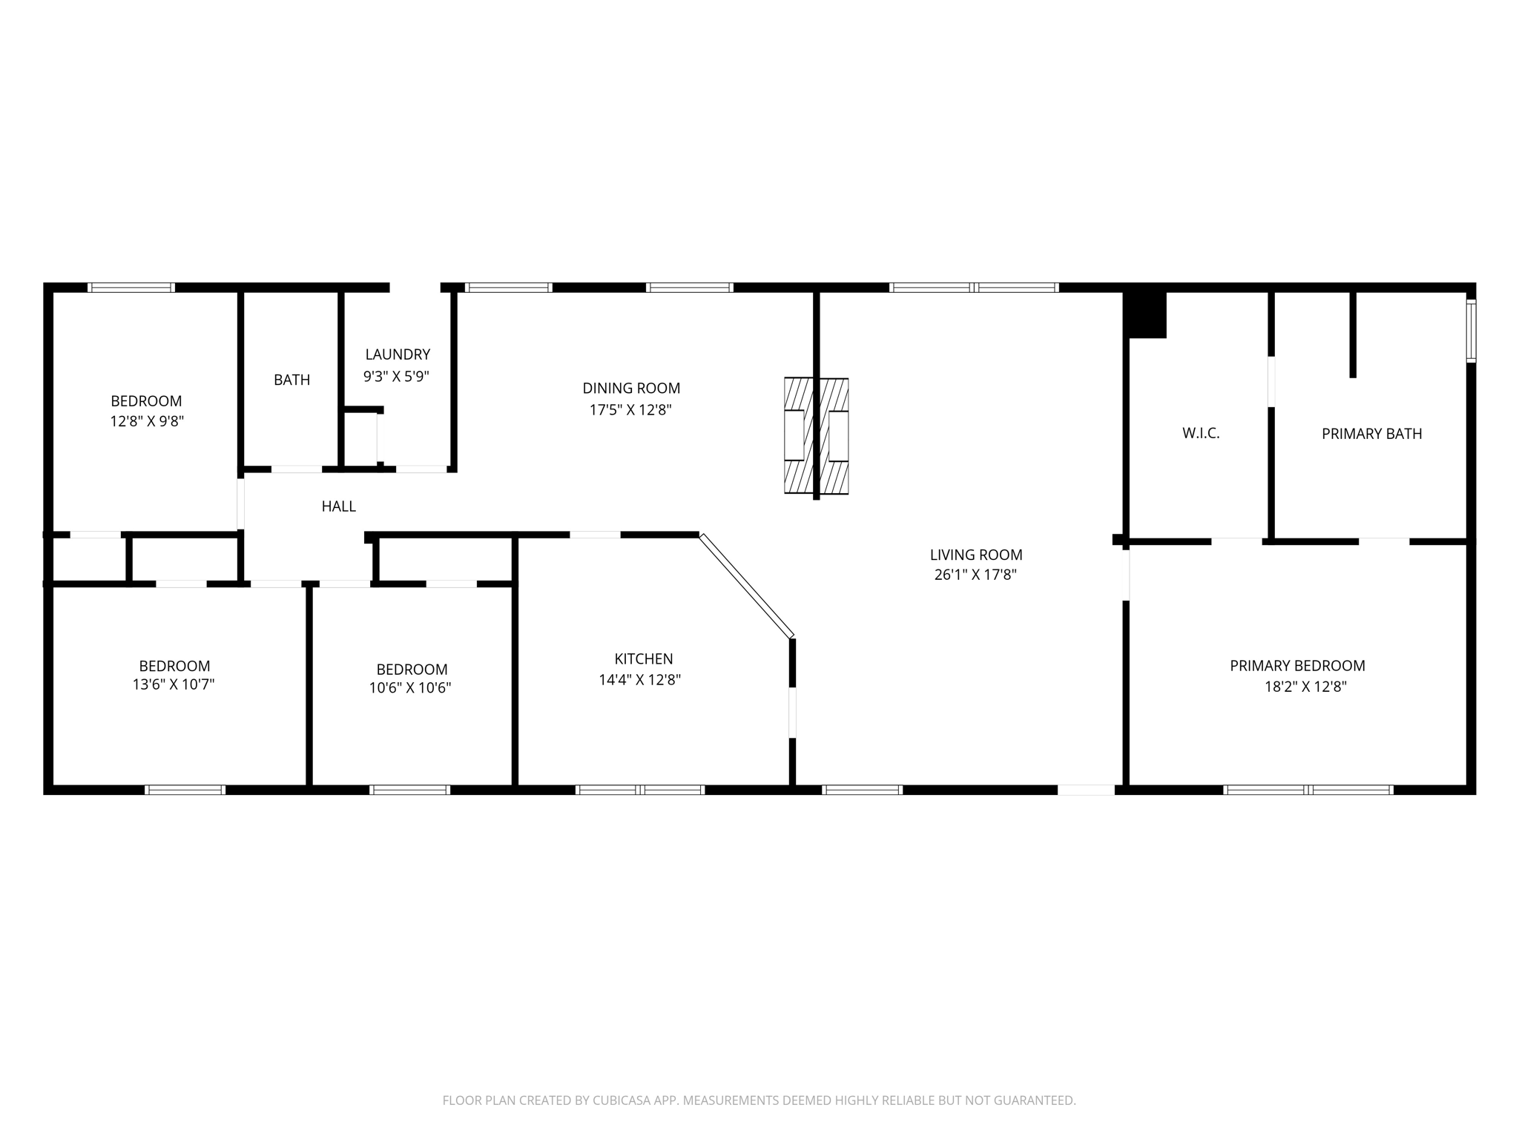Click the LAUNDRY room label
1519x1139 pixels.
tap(398, 354)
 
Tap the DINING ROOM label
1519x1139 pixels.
tap(631, 388)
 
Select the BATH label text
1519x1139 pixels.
tap(292, 380)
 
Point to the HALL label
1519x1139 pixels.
tap(338, 506)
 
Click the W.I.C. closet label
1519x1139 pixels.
tap(1201, 433)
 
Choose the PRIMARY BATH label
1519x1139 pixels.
tap(1371, 434)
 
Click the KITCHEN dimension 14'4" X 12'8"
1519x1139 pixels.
tap(639, 679)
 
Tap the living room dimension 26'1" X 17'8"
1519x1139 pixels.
tap(975, 575)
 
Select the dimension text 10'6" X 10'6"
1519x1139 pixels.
tap(410, 688)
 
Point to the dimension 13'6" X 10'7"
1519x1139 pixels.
tap(174, 684)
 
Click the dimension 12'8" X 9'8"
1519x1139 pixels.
tap(147, 421)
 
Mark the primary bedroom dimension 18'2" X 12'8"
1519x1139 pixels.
tap(1305, 687)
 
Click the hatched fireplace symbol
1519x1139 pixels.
tap(816, 436)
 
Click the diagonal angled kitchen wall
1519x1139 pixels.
tap(746, 586)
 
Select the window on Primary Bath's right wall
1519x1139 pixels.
tap(1471, 331)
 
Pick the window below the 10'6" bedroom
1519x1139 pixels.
tap(410, 790)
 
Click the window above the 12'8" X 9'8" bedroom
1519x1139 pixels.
tap(131, 288)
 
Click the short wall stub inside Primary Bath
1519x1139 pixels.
tap(1353, 334)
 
